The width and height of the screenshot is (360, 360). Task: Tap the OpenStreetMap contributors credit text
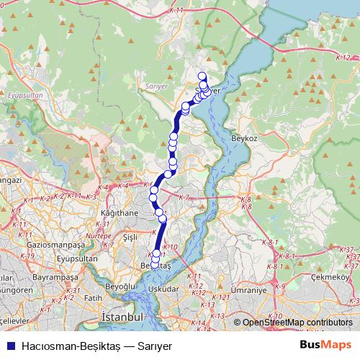click(297, 323)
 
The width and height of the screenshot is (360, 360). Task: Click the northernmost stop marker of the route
click(202, 76)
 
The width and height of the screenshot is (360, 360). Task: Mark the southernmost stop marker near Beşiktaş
click(155, 267)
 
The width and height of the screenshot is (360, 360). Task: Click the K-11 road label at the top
click(179, 11)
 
